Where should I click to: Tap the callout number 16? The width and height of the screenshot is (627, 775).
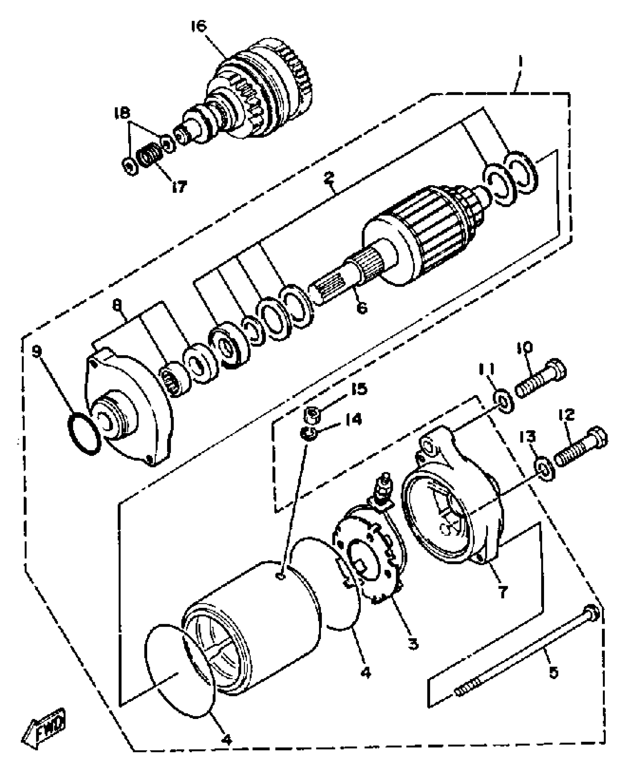click(x=199, y=27)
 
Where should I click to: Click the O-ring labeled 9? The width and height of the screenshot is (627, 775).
click(x=84, y=434)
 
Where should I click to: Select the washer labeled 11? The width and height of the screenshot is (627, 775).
click(x=503, y=403)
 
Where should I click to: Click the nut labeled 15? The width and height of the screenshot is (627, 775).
click(x=313, y=415)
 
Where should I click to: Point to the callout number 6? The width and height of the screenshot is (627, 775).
click(x=362, y=307)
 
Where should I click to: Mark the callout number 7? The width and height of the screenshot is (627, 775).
click(x=503, y=592)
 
